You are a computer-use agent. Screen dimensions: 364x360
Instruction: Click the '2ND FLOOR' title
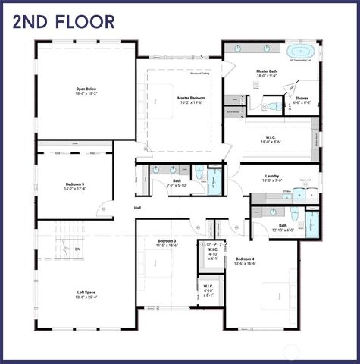[64, 20]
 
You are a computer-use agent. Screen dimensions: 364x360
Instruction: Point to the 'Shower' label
[301, 98]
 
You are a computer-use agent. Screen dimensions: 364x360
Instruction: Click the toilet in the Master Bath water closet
[274, 105]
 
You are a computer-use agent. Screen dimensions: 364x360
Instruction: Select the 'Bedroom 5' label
[75, 184]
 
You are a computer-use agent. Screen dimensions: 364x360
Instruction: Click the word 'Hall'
[138, 207]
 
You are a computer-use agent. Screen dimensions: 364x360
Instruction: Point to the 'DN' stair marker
[77, 249]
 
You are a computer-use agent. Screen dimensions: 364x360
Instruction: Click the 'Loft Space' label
[85, 292]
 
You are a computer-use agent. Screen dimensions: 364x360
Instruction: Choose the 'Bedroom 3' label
[166, 240]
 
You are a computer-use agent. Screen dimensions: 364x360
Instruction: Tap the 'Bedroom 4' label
[245, 259]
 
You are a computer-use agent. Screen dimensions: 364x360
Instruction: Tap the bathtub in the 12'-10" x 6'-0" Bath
[315, 224]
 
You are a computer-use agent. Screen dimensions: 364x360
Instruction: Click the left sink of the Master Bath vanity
[236, 47]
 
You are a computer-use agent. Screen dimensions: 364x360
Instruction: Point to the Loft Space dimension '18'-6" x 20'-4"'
[85, 297]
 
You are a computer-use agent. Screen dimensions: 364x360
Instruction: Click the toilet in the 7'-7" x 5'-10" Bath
[200, 174]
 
